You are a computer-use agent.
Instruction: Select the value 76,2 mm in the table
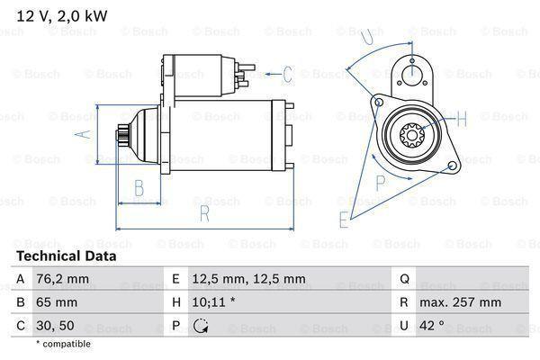click(63, 279)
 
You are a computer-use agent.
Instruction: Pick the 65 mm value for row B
click(56, 302)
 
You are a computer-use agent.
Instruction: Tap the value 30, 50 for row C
click(56, 326)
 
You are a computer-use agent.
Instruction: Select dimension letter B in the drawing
click(139, 188)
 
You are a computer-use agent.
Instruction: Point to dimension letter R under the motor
click(204, 213)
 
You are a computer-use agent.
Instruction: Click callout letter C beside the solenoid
click(288, 74)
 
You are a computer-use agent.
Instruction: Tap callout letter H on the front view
click(462, 118)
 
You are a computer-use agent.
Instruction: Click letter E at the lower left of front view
click(343, 219)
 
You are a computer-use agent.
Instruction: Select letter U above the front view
click(365, 39)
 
